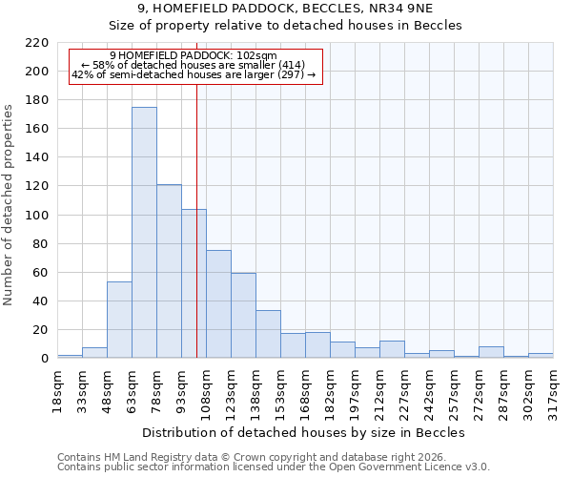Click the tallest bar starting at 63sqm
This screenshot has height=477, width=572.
tap(144, 233)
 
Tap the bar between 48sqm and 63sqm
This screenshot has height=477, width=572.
tap(119, 320)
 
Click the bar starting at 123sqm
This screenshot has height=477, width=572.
tap(243, 316)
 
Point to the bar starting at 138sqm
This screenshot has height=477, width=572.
tap(268, 334)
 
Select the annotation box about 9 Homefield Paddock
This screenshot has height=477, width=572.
tap(195, 65)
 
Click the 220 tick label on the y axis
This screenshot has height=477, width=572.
tap(36, 43)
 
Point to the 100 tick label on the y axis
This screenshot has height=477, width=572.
tap(36, 216)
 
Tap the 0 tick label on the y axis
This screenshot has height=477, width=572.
tap(44, 359)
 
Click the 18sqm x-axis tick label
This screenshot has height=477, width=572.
tap(58, 386)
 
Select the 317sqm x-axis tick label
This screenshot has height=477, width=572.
tap(554, 389)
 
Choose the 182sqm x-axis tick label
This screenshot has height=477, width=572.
tap(331, 389)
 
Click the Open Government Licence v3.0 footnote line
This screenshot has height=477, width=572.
tap(274, 467)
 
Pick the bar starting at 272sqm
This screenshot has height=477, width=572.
tap(491, 352)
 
